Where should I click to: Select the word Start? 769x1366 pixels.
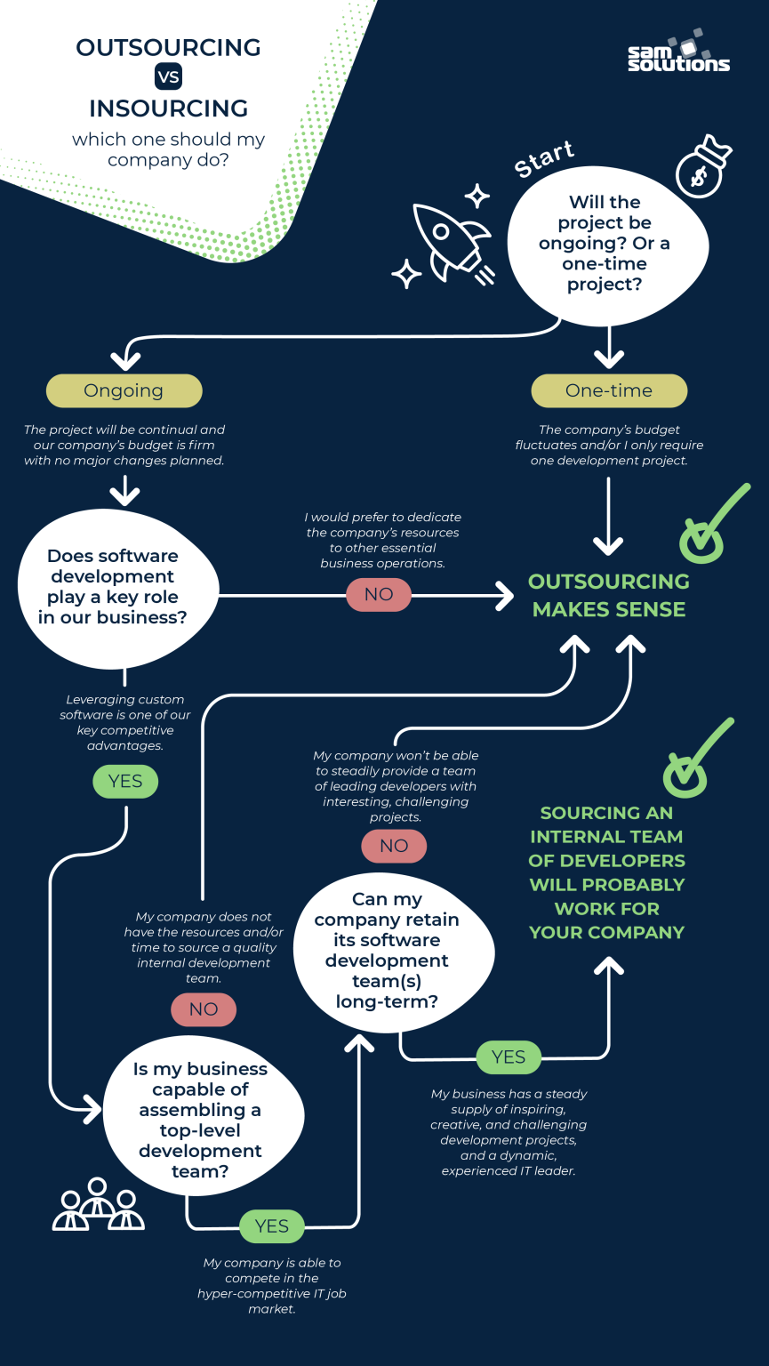click(544, 159)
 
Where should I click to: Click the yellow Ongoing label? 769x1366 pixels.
click(124, 390)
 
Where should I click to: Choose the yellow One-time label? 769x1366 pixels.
click(608, 390)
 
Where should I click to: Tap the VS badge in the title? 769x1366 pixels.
click(168, 77)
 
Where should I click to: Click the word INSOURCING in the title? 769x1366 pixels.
click(168, 108)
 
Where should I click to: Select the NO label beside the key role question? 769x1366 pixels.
click(379, 594)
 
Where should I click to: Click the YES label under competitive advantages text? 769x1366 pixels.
click(125, 781)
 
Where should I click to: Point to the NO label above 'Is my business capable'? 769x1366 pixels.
click(204, 1008)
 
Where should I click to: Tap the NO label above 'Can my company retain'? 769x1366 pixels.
click(394, 846)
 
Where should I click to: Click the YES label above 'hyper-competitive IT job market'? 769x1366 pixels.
click(272, 1226)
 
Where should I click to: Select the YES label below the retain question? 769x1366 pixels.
click(509, 1057)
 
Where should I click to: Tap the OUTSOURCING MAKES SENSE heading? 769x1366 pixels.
click(609, 595)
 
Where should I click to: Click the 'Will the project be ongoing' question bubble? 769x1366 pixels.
click(608, 244)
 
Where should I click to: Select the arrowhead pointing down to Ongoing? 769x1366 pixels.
click(125, 360)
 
